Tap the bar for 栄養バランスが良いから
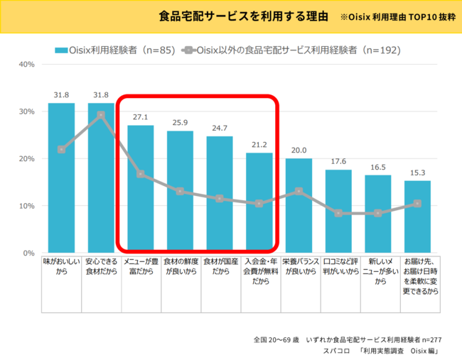(x=299, y=206)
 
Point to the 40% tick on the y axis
(x=26, y=65)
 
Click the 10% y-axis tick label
(x=26, y=206)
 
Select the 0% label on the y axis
(x=28, y=253)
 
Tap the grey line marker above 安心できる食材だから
(x=101, y=114)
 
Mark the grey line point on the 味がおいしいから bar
(x=62, y=149)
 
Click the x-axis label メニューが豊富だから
(x=141, y=266)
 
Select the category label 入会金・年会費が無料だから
(x=259, y=271)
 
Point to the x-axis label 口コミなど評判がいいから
(x=338, y=266)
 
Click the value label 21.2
(x=259, y=144)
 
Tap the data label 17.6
(x=338, y=161)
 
